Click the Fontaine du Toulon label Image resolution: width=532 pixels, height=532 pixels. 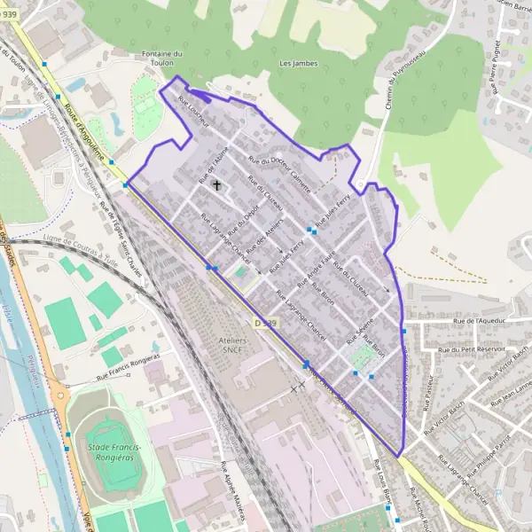(x=161, y=59)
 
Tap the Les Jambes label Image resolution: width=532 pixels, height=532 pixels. (x=298, y=64)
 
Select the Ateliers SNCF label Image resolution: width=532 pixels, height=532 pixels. (x=231, y=346)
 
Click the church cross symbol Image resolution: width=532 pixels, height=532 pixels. (x=216, y=185)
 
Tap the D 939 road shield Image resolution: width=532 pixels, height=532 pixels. (x=264, y=323)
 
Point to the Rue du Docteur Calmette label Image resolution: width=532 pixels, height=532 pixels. (x=279, y=174)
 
